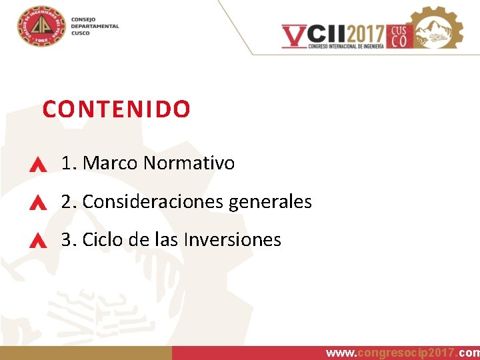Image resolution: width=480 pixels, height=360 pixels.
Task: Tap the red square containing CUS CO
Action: [399, 36]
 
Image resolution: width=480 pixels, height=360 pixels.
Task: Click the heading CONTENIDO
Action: [116, 109]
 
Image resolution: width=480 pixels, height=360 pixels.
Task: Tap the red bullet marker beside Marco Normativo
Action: [38, 165]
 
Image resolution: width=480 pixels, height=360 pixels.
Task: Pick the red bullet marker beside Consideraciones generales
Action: [38, 203]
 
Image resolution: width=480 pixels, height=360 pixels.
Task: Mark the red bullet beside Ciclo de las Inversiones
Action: [38, 241]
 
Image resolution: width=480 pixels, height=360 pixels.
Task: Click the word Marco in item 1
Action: [110, 163]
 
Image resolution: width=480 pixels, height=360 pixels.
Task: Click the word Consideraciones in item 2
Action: [153, 201]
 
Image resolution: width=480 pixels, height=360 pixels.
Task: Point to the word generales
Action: [270, 201]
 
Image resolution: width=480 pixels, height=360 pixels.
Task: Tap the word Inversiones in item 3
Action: [243, 239]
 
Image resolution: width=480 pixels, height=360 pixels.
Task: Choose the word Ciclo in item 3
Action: [102, 239]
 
